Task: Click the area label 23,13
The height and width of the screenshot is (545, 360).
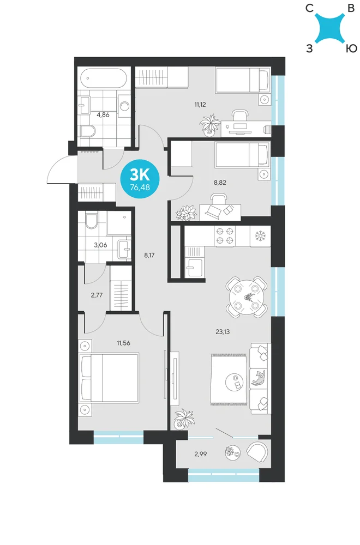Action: click(222, 331)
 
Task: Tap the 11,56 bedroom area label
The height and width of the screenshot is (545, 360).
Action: click(123, 343)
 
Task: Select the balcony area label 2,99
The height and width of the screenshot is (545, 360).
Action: click(201, 453)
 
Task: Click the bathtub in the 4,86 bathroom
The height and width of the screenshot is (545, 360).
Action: click(103, 78)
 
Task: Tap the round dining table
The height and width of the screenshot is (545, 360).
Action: click(247, 297)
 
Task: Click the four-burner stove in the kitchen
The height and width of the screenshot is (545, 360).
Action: click(225, 235)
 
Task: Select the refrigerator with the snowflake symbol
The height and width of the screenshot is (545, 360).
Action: click(260, 236)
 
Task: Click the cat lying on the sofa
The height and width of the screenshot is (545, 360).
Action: click(259, 378)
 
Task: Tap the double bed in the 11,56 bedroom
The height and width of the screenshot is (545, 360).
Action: click(109, 378)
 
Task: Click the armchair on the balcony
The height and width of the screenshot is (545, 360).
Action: click(257, 451)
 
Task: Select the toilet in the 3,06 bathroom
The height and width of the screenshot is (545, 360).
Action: click(91, 221)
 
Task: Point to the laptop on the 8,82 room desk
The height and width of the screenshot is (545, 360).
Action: click(213, 210)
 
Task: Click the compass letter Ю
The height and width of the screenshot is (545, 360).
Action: click(351, 49)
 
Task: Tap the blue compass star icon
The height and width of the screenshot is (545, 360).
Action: click(331, 28)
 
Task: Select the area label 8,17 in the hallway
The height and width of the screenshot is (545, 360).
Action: click(149, 255)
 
